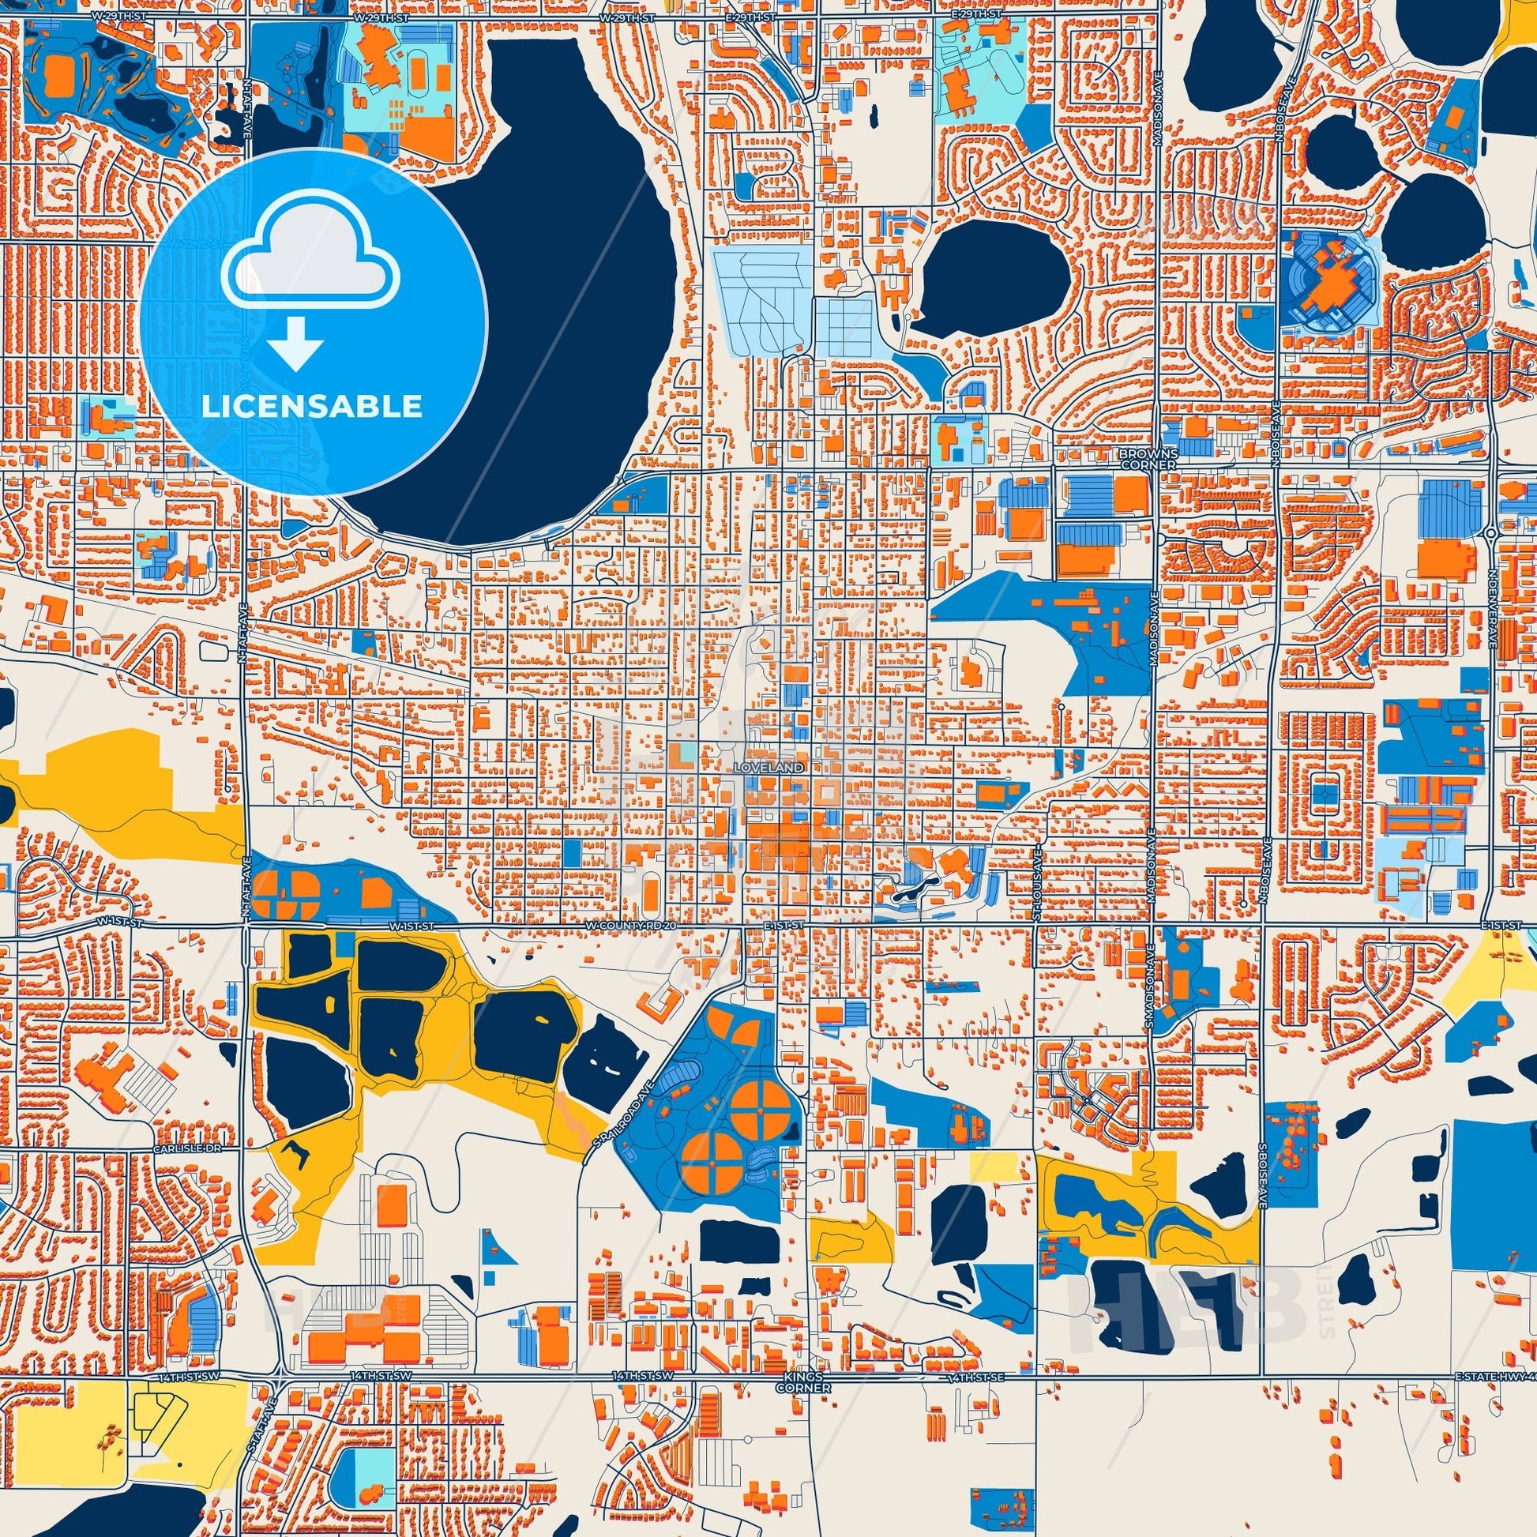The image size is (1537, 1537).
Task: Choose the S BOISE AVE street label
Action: click(1261, 1174)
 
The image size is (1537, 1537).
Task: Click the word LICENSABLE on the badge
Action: click(311, 407)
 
